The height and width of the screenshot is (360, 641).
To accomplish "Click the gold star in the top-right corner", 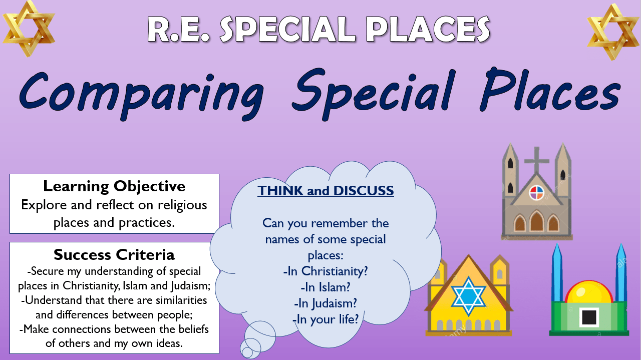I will pos(613,32).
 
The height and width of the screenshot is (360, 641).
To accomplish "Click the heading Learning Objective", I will pos(114,186).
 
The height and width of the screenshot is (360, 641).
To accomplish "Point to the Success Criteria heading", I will pos(114,254).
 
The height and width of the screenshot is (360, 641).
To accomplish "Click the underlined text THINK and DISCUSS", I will pos(326,191).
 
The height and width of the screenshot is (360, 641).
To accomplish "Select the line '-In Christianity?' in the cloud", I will pos(326,271).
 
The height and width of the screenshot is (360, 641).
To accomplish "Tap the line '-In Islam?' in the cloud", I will pos(326,287).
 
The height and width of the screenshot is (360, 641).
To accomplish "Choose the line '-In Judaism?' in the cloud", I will pos(326,303).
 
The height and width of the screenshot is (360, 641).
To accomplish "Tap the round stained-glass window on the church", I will pos(536,192).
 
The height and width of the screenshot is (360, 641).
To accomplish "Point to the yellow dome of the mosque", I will pos(589,291).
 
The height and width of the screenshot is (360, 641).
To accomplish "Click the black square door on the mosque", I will pos(589,316).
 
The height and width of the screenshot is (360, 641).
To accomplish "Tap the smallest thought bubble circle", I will pos(247,353).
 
